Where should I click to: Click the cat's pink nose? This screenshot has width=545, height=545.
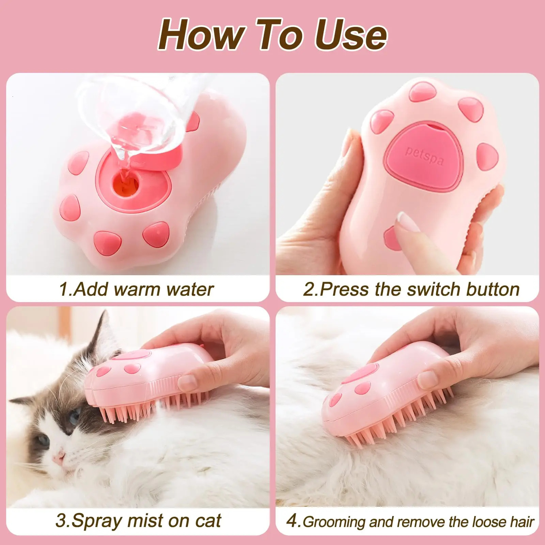pos(59,457)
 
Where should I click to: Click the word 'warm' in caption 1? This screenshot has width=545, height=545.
pos(137,290)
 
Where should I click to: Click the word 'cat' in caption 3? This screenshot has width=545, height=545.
pos(208,521)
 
